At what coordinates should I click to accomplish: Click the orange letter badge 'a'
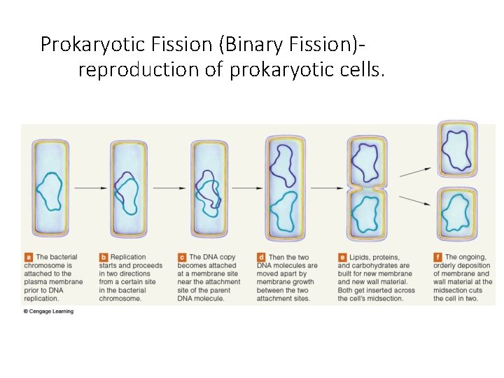[29, 258]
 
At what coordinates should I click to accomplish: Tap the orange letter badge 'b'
[104, 258]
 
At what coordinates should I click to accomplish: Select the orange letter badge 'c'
[182, 258]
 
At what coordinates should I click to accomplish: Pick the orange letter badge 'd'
[261, 258]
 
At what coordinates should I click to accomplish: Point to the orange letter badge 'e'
[342, 258]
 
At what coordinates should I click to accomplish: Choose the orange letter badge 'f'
[437, 258]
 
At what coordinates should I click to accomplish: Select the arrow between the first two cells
[89, 188]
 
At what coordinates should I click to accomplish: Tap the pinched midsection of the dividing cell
[364, 188]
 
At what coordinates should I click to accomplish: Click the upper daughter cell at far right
[457, 148]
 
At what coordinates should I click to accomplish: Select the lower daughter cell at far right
[457, 213]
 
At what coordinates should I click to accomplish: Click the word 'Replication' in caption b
[128, 258]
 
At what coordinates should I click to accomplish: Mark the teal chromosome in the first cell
[50, 191]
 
